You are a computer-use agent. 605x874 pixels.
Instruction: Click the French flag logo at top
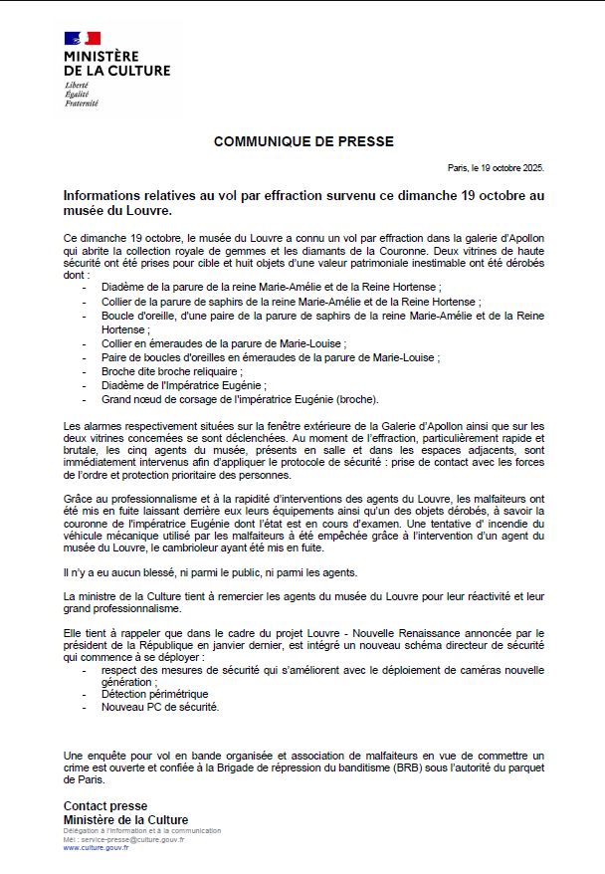tap(83, 39)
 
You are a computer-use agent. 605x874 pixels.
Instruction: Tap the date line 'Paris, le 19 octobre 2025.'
tap(496, 169)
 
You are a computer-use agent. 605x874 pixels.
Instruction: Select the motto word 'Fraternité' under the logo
tap(82, 104)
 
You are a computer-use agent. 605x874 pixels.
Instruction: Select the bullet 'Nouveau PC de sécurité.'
tap(159, 707)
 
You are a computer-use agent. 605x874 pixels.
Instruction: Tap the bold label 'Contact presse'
tap(104, 806)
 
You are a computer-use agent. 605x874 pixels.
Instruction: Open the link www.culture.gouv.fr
tap(96, 847)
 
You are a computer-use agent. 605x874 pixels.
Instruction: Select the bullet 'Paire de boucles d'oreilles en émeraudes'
tap(270, 356)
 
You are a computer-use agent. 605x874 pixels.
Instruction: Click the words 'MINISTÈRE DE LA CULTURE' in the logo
tap(116, 64)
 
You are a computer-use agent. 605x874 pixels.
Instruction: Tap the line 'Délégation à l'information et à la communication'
tap(141, 830)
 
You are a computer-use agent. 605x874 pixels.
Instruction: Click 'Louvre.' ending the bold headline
tap(148, 212)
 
